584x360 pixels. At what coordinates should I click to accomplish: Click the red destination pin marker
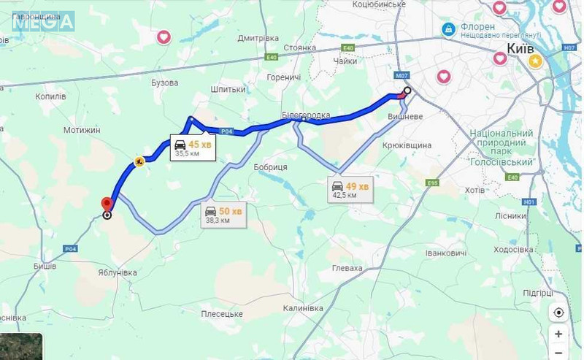pyautogui.click(x=107, y=204)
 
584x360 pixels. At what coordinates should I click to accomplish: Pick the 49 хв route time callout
pyautogui.click(x=350, y=189)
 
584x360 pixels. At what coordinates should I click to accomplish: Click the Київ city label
pyautogui.click(x=520, y=49)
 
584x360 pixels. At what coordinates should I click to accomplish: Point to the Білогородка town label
pyautogui.click(x=306, y=115)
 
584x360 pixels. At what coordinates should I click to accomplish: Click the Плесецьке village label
pyautogui.click(x=222, y=313)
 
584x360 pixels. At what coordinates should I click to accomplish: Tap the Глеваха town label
pyautogui.click(x=346, y=269)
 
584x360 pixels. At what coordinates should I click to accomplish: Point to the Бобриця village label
pyautogui.click(x=270, y=167)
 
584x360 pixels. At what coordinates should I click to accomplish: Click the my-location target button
pyautogui.click(x=558, y=313)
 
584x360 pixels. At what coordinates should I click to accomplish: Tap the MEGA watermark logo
pyautogui.click(x=43, y=21)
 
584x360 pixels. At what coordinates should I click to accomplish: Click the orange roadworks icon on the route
pyautogui.click(x=139, y=162)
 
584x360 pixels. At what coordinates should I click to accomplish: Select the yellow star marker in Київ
pyautogui.click(x=535, y=62)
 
